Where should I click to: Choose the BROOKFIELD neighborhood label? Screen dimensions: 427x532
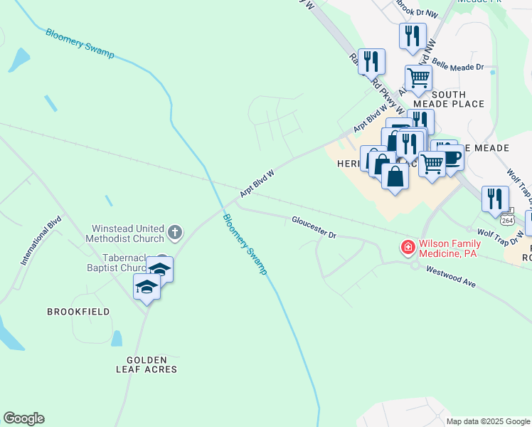pos(78,312)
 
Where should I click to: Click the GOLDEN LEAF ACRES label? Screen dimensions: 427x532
pos(147,364)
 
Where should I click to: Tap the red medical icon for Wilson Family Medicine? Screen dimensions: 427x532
pos(408,248)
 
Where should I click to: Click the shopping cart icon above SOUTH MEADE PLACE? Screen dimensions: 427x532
pos(419,78)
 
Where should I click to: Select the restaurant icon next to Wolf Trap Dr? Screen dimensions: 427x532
pos(495,199)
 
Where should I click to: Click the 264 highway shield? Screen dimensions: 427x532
pos(507,219)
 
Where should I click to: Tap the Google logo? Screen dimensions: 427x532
pos(23,418)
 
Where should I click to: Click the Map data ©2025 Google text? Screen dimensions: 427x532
pos(487,421)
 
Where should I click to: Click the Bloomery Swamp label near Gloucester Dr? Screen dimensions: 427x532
pos(244,244)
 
